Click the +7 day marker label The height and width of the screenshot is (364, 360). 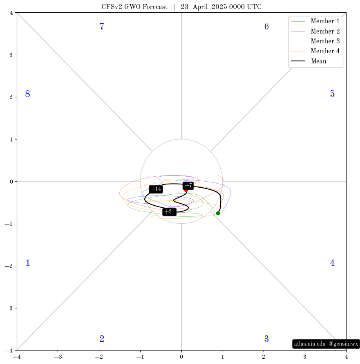188,186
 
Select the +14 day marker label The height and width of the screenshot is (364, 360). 156,189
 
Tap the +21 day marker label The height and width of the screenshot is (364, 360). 169,212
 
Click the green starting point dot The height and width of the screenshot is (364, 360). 218,213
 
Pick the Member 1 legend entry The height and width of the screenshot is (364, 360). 315,21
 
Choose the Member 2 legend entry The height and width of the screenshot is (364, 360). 315,31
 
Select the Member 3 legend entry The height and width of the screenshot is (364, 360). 315,41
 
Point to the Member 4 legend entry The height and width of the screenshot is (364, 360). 315,51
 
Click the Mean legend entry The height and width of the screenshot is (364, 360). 309,61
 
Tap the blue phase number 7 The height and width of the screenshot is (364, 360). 102,26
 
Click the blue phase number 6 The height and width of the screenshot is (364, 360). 266,26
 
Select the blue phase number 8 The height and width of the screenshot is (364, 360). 28,94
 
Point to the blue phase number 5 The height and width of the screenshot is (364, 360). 332,94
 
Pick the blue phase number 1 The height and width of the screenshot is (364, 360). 28,263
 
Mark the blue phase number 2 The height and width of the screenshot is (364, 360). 102,339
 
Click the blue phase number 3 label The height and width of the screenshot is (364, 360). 266,339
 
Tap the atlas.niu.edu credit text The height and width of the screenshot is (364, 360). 310,344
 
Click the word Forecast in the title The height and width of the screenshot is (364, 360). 155,7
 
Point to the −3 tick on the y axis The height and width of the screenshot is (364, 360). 9,308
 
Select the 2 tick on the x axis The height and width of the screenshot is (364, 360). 264,357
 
